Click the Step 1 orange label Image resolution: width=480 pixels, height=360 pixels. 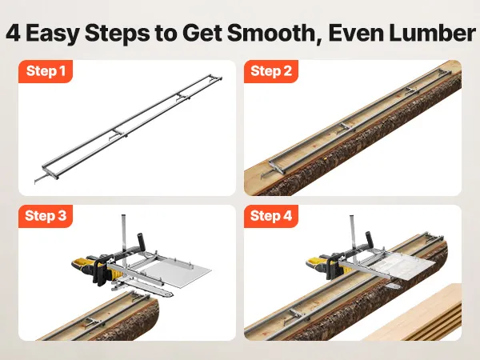(46, 71)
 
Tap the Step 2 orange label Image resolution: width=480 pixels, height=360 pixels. (271, 71)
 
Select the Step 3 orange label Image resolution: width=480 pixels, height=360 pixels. (46, 216)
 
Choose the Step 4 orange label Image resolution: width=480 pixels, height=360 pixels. (271, 216)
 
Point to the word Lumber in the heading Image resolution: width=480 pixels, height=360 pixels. (433, 33)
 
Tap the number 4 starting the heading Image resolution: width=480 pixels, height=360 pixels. (14, 33)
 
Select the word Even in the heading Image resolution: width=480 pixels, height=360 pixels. (356, 33)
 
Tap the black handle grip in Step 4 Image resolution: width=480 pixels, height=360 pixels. (370, 239)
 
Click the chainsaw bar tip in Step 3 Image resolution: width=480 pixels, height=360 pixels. (170, 294)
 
